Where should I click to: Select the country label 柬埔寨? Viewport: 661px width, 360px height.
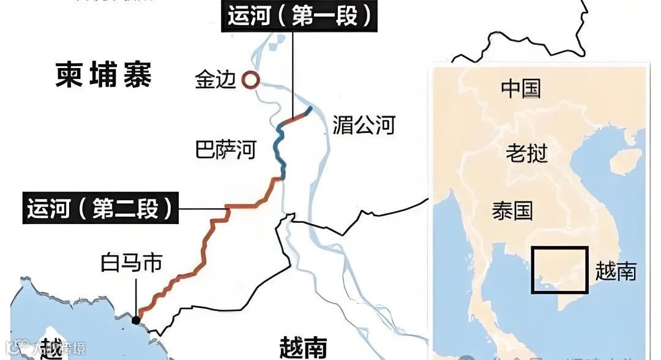coord(103,76)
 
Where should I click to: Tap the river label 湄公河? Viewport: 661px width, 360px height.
coord(364,126)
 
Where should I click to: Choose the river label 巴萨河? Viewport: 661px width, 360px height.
coord(225,149)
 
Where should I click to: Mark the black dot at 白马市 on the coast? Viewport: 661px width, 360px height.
coord(135,320)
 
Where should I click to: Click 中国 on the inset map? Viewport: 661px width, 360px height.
coord(521,89)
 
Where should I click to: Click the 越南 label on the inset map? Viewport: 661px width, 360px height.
coord(615,271)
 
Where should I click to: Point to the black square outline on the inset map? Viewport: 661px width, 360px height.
coord(559,248)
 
